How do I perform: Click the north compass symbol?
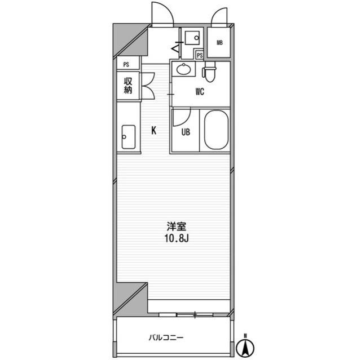pos(245,346)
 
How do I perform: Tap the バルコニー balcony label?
pos(166,337)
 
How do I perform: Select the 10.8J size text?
pos(177,239)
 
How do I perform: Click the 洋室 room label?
pos(177,226)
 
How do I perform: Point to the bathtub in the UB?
pos(217,130)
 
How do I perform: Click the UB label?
pos(186,132)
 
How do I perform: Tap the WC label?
pos(200,92)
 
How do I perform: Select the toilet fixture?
pos(209,71)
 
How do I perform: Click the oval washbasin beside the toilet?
pos(183,69)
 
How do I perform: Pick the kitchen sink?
pos(129,137)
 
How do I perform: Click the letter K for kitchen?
pos(154,131)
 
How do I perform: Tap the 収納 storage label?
pos(128,86)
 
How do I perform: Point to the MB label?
pos(219,42)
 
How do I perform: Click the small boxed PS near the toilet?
pos(200,55)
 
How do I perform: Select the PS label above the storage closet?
pos(126,65)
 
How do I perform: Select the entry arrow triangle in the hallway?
pos(175,49)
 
